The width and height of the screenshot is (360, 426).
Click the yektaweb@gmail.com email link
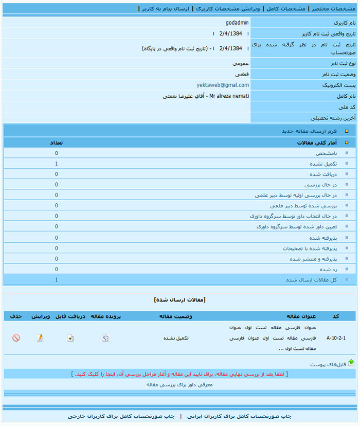[223, 85]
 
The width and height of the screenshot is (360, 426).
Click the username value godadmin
[237, 23]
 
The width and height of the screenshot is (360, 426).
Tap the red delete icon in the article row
[16, 338]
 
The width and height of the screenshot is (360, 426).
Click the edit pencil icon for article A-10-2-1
[40, 338]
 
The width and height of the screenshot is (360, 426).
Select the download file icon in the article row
[70, 338]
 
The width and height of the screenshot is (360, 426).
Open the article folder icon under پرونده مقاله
[105, 338]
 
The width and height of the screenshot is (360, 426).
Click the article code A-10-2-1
[336, 338]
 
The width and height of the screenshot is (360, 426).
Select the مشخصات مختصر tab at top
[332, 9]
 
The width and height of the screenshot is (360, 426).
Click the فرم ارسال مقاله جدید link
[309, 131]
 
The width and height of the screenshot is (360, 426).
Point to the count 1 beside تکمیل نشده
[57, 164]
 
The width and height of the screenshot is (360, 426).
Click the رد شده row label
[328, 269]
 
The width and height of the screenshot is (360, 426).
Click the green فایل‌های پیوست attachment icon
[351, 363]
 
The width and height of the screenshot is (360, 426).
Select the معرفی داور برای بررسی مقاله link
[179, 384]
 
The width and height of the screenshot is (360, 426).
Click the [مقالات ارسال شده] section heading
[179, 299]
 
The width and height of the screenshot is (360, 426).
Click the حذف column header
[15, 316]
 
